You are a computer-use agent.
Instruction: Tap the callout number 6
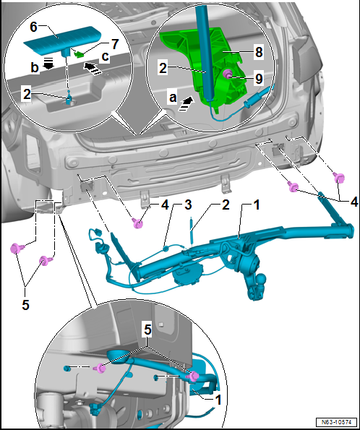pos(33,27)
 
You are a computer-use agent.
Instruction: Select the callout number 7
pos(114,44)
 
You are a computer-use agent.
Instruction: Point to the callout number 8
pos(259,52)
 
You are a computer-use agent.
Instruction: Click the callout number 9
pos(259,79)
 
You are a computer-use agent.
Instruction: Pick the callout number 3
pos(188,205)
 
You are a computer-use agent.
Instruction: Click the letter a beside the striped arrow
pos(173,98)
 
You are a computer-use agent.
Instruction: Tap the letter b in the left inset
pos(34,67)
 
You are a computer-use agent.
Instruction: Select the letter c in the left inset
pos(106,56)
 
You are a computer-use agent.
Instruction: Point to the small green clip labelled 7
pos(80,54)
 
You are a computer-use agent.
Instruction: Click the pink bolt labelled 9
pos(228,74)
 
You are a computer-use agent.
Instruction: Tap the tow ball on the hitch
pos(261,279)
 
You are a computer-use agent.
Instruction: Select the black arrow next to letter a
pos(186,103)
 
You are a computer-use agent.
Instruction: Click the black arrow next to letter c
pos(93,68)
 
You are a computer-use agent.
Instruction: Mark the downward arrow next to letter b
pos(48,63)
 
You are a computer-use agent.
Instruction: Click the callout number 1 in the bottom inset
pos(218,400)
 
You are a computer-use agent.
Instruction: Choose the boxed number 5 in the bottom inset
pos(148,330)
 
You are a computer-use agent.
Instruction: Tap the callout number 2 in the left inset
pos(27,95)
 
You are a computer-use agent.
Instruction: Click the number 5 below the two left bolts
pos(25,305)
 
